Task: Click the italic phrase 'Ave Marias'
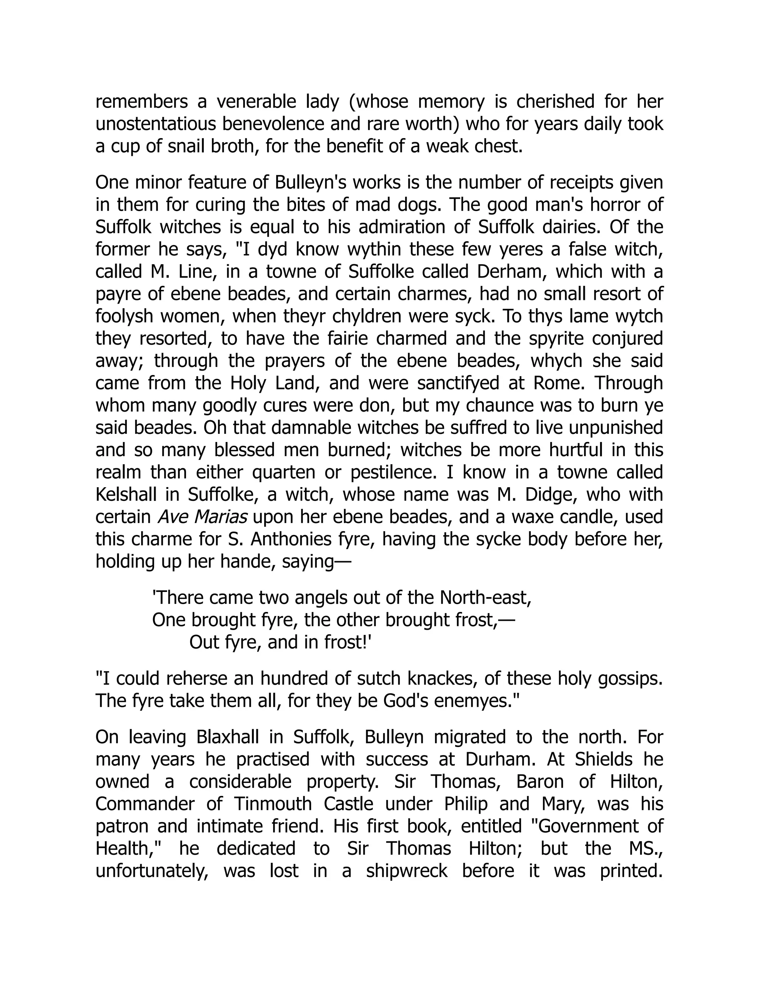tap(202, 517)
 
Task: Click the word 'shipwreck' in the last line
tap(407, 871)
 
